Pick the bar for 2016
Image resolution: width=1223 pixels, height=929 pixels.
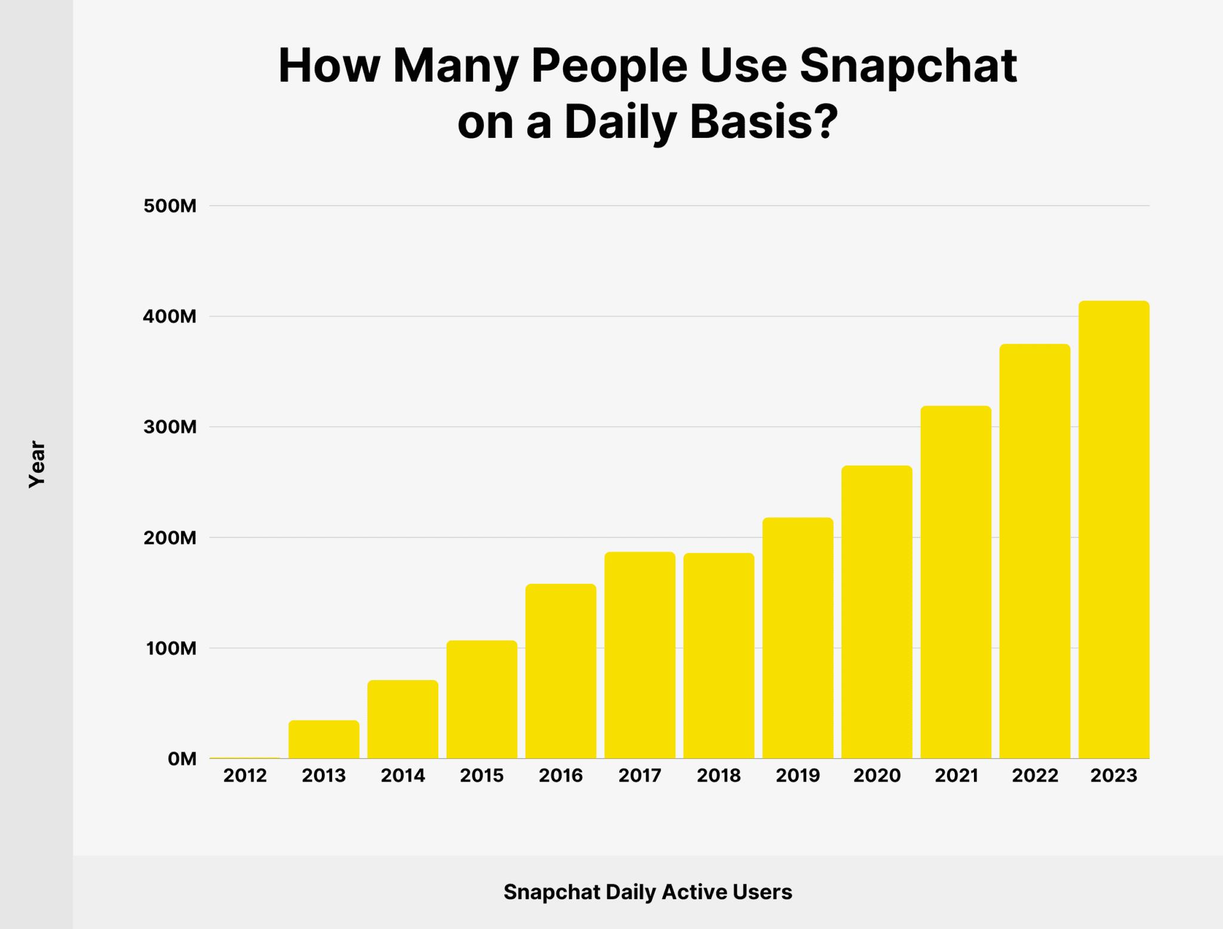coord(561,671)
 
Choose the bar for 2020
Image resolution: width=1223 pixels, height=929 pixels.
coord(877,612)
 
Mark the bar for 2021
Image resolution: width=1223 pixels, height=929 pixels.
coord(955,582)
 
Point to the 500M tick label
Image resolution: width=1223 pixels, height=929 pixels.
coord(170,207)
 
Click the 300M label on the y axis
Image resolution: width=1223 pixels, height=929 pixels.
coord(170,427)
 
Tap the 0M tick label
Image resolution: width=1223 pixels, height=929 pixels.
coord(182,759)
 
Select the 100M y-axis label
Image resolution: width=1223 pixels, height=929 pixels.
coord(171,648)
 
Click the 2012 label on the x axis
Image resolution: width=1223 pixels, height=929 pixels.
coord(245,776)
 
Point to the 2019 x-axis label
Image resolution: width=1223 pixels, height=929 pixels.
coord(798,776)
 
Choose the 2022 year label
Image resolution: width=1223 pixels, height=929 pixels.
coord(1035,776)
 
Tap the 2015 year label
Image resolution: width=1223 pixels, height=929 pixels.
coord(482,776)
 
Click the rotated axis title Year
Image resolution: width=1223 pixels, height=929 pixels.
coord(37,464)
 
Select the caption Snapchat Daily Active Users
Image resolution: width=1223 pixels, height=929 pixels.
coord(648,892)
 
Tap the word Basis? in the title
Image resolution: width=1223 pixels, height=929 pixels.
coord(761,122)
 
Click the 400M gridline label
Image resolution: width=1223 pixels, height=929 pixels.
coord(170,317)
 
